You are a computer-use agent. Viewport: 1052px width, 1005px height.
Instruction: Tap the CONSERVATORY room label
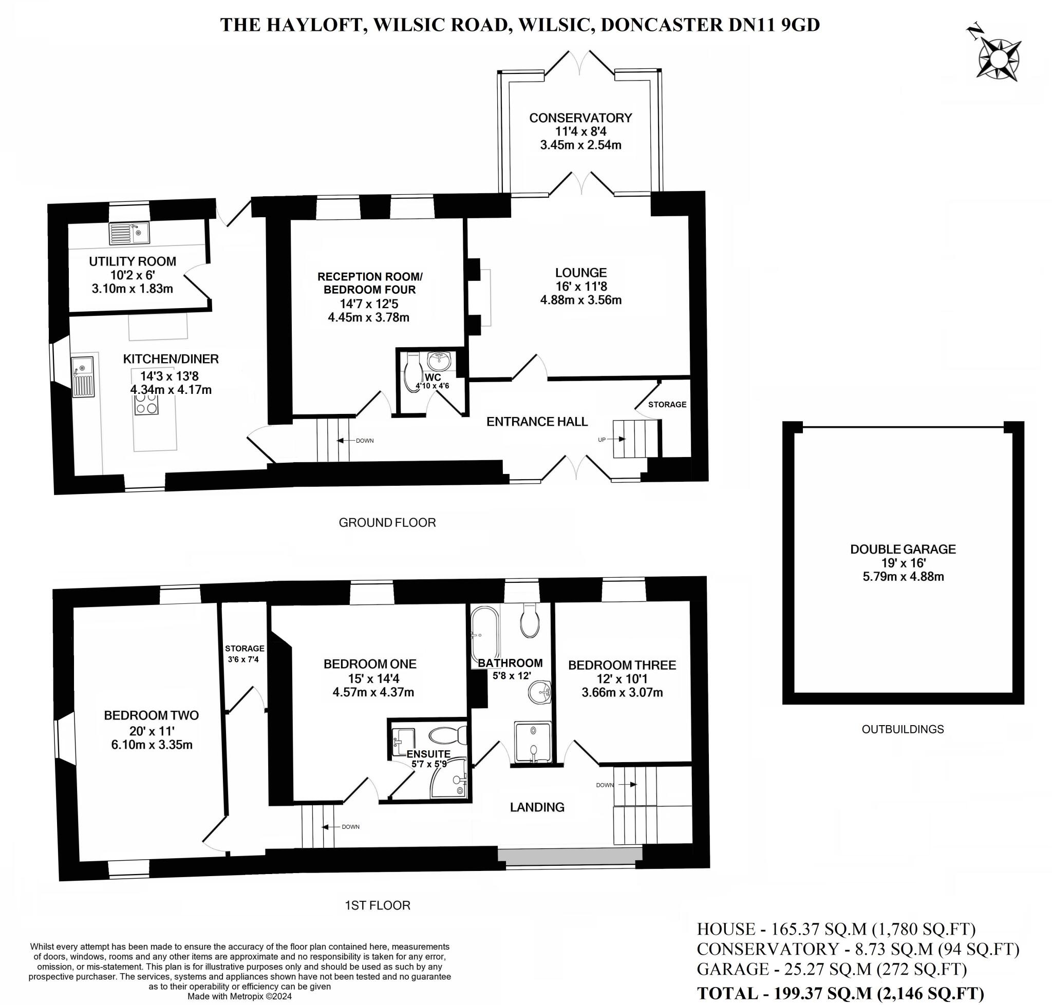pyautogui.click(x=580, y=118)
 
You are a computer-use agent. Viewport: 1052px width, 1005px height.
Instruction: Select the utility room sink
pyautogui.click(x=129, y=233)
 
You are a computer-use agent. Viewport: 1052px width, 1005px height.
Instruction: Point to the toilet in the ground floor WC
pyautogui.click(x=413, y=370)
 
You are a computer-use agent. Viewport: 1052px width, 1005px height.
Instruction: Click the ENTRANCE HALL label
pyautogui.click(x=537, y=422)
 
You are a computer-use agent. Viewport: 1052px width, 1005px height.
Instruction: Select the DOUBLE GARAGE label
pyautogui.click(x=903, y=549)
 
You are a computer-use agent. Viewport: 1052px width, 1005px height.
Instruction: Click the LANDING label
pyautogui.click(x=537, y=807)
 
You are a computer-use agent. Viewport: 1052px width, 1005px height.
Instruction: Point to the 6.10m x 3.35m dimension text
pyautogui.click(x=152, y=745)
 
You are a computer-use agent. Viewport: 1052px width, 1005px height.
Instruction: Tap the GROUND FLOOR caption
pyautogui.click(x=387, y=522)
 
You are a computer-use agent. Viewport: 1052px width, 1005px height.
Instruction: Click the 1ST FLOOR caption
pyautogui.click(x=377, y=905)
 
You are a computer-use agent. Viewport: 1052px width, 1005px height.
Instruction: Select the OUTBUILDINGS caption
pyautogui.click(x=903, y=729)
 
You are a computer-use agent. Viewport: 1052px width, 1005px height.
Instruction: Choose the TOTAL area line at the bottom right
pyautogui.click(x=840, y=993)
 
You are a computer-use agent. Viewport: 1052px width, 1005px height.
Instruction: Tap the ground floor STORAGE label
pyautogui.click(x=667, y=405)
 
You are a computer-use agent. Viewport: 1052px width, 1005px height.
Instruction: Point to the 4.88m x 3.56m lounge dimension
pyautogui.click(x=580, y=300)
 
